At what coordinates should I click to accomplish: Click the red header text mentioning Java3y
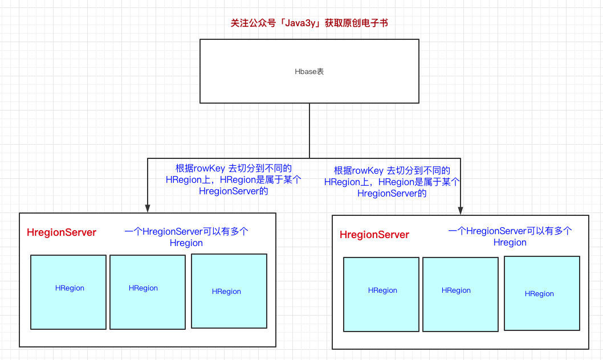(x=309, y=23)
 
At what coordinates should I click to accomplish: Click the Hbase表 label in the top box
(x=309, y=72)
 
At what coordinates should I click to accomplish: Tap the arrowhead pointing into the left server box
(x=148, y=208)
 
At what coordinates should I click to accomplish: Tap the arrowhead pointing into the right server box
(x=461, y=211)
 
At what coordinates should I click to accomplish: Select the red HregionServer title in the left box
(x=62, y=232)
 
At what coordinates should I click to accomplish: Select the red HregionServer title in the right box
(x=374, y=235)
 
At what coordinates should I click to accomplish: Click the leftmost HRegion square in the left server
(x=68, y=292)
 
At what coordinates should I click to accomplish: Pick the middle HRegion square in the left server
(x=148, y=292)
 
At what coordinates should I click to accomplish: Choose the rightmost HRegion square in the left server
(x=229, y=291)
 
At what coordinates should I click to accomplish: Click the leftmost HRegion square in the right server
(x=381, y=294)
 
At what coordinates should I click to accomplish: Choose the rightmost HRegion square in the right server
(x=542, y=293)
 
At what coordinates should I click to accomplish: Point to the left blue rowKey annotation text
(x=234, y=179)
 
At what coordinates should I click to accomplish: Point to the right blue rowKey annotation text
(x=392, y=182)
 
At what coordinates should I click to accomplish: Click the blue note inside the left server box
(x=186, y=237)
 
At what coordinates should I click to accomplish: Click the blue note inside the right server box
(x=510, y=236)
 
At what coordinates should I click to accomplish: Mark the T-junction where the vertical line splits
(x=309, y=158)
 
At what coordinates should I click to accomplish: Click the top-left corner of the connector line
(x=148, y=158)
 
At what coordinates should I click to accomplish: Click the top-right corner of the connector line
(x=461, y=158)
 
